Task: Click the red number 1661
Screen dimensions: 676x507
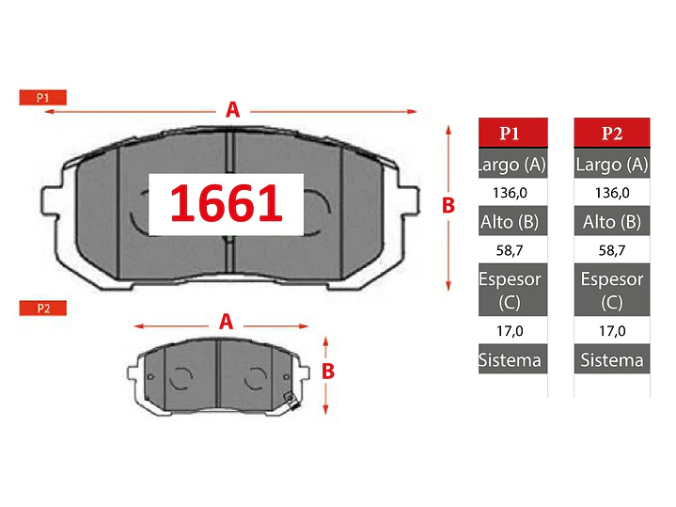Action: (227, 203)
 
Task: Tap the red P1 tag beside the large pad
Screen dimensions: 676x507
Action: (42, 98)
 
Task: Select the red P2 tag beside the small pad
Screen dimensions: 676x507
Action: (42, 309)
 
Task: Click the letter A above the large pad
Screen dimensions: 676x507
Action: (232, 110)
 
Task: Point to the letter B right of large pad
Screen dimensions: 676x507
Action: (448, 205)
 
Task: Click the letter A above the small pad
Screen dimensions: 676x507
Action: (226, 322)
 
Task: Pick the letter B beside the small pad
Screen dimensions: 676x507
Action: (328, 372)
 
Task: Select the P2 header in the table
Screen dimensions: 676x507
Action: (612, 133)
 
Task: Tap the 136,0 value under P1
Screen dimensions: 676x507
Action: (510, 193)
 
